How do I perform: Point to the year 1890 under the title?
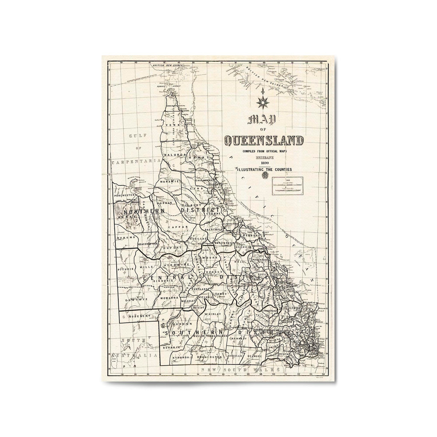[264, 163]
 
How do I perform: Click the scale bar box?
[288, 185]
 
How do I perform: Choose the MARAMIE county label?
[170, 181]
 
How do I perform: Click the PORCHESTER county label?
[125, 195]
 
